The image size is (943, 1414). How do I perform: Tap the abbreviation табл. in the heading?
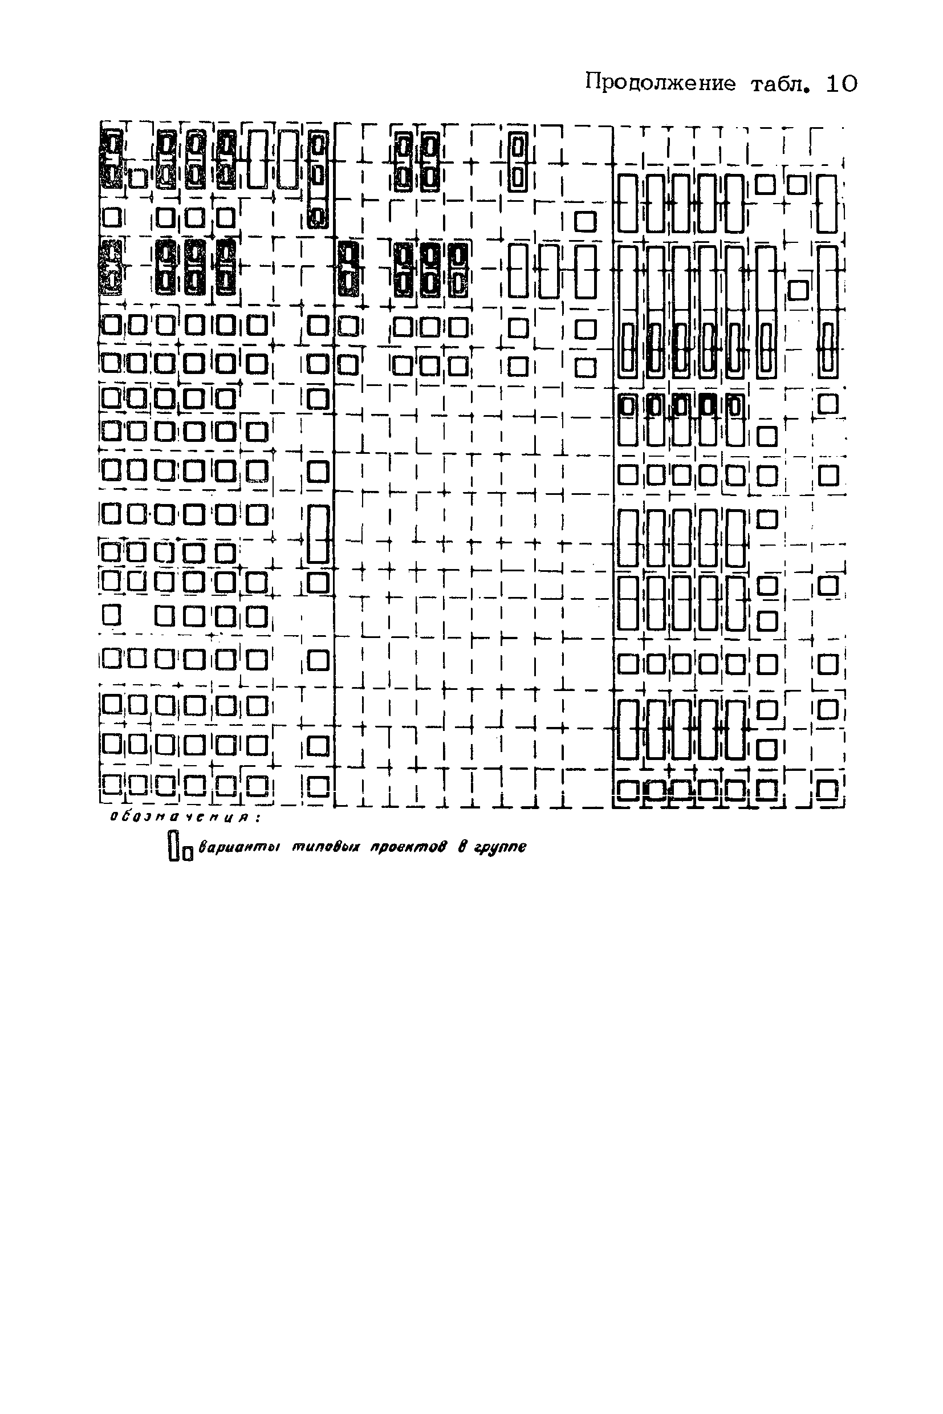click(779, 84)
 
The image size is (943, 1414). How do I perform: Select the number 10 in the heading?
click(842, 84)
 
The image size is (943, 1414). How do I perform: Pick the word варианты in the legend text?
click(239, 847)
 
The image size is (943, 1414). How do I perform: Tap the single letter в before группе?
click(462, 847)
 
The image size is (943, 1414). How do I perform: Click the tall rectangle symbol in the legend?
click(174, 846)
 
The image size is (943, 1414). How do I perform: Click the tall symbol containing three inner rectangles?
click(318, 179)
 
